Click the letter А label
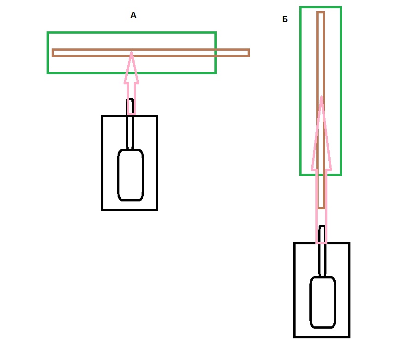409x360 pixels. pos(134,16)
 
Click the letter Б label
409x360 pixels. pos(285,19)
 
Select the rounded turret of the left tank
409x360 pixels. pos(130,175)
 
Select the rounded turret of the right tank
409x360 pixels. pos(322,302)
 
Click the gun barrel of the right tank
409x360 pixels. pos(322,258)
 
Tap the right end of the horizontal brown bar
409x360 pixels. pos(248,53)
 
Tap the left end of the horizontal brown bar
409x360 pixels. pos(53,53)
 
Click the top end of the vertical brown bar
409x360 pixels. pos(320,13)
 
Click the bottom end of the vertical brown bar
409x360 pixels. pos(321,207)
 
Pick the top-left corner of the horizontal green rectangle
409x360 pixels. pos(48,33)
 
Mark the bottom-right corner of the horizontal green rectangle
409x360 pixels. pos(215,72)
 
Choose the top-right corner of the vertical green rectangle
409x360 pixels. pos(341,7)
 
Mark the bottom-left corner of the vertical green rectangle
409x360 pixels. pos(301,174)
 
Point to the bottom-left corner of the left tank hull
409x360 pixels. pos(103,210)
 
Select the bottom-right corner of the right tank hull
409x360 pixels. pos(349,336)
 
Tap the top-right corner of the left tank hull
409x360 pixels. pos(157,116)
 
